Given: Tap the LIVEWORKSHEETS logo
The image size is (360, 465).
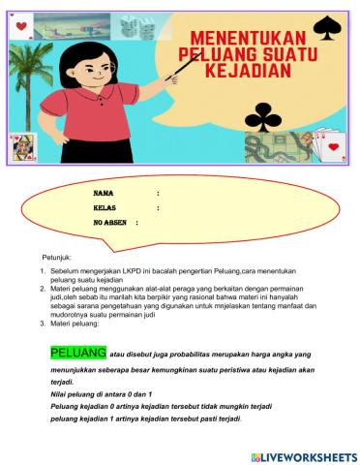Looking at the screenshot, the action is coord(303,455).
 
